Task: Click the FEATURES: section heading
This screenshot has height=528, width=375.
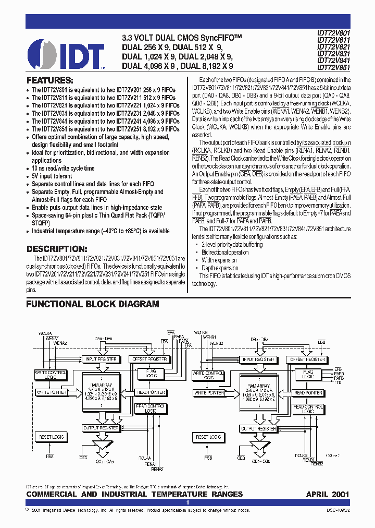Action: pos(49,80)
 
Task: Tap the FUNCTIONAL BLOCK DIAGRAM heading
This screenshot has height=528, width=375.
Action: pos(93,304)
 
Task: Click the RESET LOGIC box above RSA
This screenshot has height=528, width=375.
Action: pos(50,436)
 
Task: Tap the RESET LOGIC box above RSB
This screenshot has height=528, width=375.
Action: pos(207,436)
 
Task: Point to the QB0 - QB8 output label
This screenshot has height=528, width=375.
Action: pos(259,462)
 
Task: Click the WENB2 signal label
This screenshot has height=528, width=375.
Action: pos(217,343)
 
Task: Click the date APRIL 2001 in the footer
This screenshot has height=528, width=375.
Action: pos(327,494)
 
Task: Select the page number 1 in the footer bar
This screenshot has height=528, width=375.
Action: pos(187,502)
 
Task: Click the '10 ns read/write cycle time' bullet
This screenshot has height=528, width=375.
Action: pos(63,169)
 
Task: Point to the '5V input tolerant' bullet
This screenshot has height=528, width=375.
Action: pos(53,176)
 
